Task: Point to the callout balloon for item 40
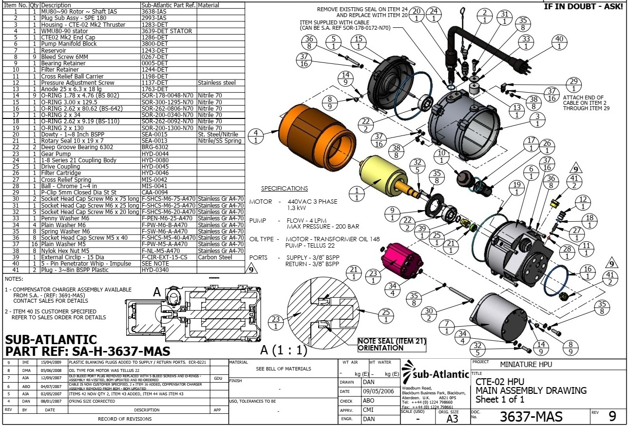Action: tap(559, 42)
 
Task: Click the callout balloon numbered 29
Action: tap(574, 85)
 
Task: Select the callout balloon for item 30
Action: tap(429, 314)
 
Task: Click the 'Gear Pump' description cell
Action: tap(54, 154)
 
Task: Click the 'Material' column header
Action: tap(209, 5)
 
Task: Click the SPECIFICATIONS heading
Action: tap(285, 189)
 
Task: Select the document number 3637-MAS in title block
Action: tap(531, 417)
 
